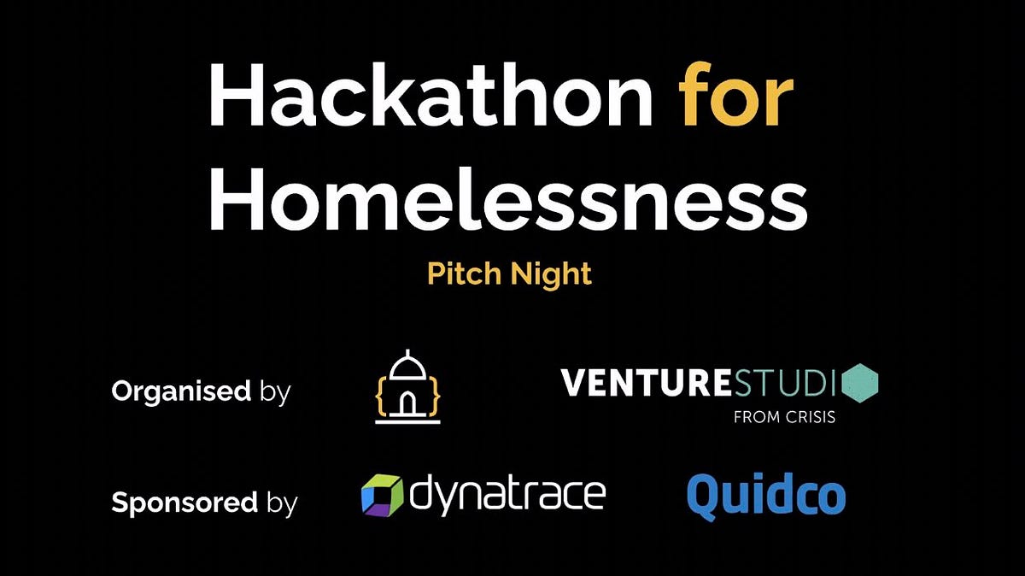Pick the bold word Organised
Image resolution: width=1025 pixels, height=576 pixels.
(180, 392)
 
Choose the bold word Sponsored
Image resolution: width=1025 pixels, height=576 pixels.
(184, 503)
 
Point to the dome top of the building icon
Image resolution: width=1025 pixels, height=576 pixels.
(407, 363)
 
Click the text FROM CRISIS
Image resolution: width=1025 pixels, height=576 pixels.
(784, 418)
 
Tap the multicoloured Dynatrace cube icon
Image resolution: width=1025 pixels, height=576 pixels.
(381, 496)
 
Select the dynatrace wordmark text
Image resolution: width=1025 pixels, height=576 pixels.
(509, 494)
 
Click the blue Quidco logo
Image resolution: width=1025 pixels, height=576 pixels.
(766, 496)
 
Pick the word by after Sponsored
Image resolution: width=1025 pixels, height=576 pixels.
(281, 503)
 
